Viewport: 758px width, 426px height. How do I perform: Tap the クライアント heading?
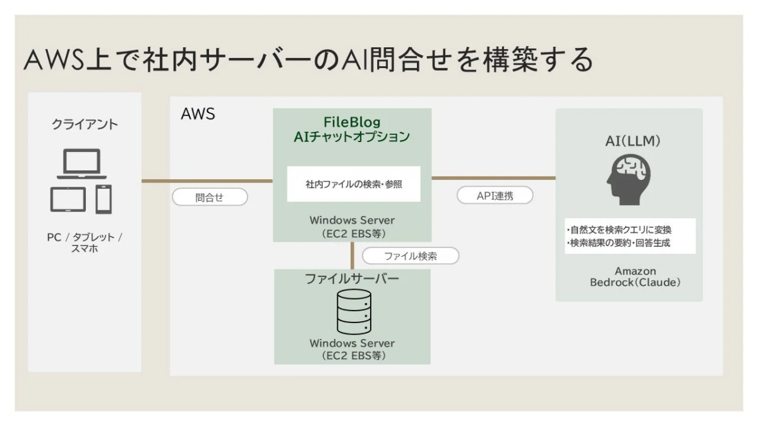pyautogui.click(x=84, y=124)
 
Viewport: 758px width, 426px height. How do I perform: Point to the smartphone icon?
pyautogui.click(x=103, y=199)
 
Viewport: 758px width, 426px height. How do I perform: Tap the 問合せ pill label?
pyautogui.click(x=209, y=197)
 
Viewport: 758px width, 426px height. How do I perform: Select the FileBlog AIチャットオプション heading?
pyautogui.click(x=352, y=129)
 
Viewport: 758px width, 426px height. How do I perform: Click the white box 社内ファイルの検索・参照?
pyautogui.click(x=354, y=184)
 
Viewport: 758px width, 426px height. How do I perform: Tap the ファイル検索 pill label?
pyautogui.click(x=411, y=256)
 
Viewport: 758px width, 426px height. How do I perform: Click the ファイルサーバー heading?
pyautogui.click(x=352, y=280)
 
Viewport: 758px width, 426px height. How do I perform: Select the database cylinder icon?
pyautogui.click(x=352, y=313)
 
